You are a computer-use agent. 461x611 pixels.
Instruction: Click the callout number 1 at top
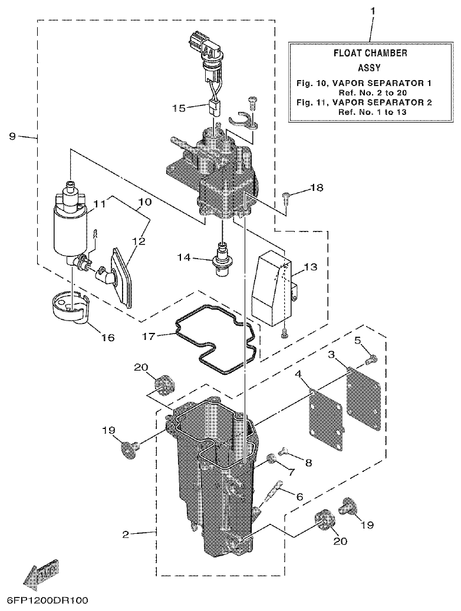tap(372, 11)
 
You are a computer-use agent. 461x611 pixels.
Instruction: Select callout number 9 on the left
tap(12, 136)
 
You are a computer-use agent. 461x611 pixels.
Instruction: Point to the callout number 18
tap(317, 188)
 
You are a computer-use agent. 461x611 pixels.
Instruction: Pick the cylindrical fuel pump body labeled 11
tap(70, 227)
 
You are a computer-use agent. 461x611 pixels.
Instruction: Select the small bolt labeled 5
tap(369, 357)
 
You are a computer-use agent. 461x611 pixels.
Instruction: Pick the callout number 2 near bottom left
tap(126, 534)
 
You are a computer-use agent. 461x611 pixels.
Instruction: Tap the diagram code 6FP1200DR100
tap(47, 601)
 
